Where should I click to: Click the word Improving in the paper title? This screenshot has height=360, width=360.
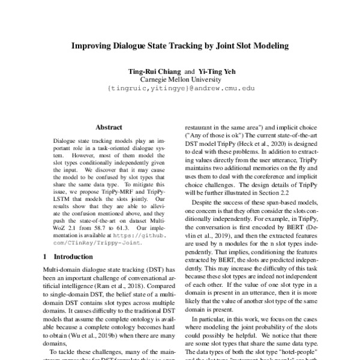coord(93,45)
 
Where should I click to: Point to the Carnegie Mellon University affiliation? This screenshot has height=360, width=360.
coord(181,79)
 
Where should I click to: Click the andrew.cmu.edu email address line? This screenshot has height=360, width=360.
coord(181,88)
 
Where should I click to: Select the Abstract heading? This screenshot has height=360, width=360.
coord(109,127)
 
